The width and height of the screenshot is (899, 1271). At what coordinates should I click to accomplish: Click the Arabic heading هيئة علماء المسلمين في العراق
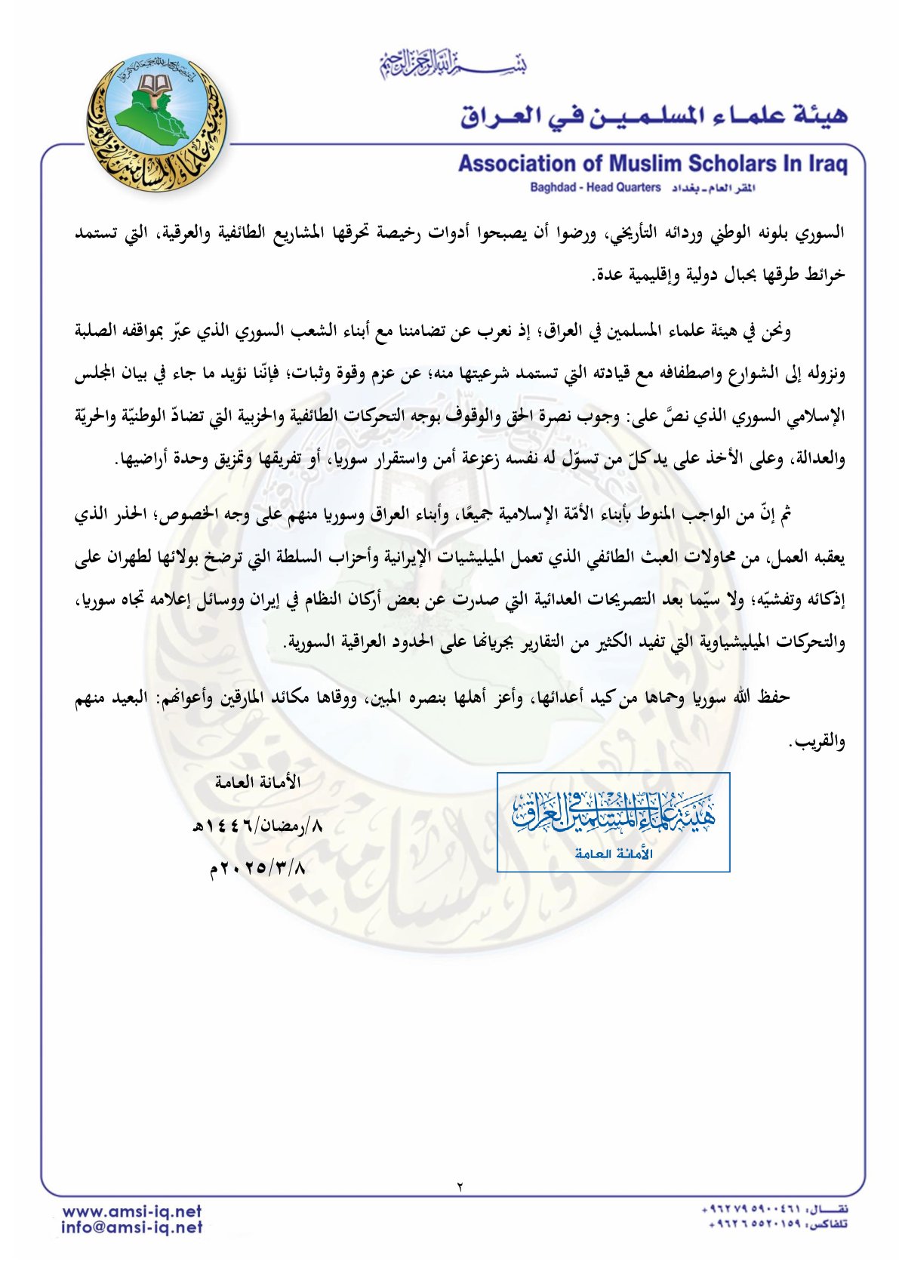click(654, 115)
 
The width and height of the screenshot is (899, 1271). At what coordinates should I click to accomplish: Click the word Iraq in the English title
click(829, 164)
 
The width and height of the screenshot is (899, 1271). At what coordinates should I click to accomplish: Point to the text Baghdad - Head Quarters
click(595, 187)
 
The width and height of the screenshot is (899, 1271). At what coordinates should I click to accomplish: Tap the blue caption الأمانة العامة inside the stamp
click(613, 854)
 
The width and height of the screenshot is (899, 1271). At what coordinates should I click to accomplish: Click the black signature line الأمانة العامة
click(257, 782)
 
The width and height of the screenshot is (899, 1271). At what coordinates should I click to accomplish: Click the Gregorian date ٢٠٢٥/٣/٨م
click(257, 868)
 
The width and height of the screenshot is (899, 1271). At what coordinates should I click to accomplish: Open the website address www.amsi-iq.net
click(132, 1211)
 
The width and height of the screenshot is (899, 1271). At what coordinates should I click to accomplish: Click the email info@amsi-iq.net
click(132, 1227)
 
